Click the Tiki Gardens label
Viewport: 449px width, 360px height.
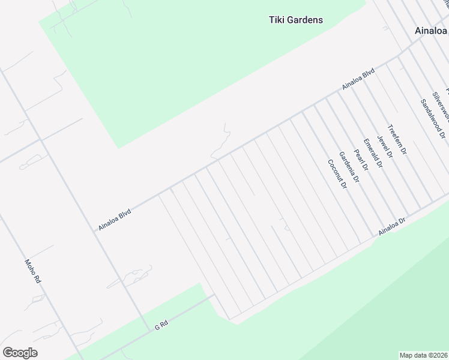pyautogui.click(x=295, y=20)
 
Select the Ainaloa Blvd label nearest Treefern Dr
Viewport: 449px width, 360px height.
pyautogui.click(x=358, y=79)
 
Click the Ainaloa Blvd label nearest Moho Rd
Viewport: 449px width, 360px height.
pyautogui.click(x=115, y=220)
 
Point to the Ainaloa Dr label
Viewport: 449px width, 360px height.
pyautogui.click(x=392, y=227)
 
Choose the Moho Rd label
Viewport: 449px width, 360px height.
pyautogui.click(x=32, y=271)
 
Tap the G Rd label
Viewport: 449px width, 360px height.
pyautogui.click(x=161, y=325)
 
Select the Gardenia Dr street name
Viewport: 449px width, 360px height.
pyautogui.click(x=349, y=167)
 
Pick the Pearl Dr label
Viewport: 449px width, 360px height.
pyautogui.click(x=361, y=160)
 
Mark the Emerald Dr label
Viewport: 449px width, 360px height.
pyautogui.click(x=373, y=153)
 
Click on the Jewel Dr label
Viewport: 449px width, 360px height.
pyautogui.click(x=385, y=146)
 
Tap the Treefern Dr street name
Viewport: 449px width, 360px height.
pyautogui.click(x=397, y=140)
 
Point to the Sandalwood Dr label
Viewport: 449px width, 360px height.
pyautogui.click(x=433, y=118)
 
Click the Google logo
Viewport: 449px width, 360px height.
pyautogui.click(x=20, y=353)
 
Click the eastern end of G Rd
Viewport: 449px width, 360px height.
pyautogui.click(x=214, y=295)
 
